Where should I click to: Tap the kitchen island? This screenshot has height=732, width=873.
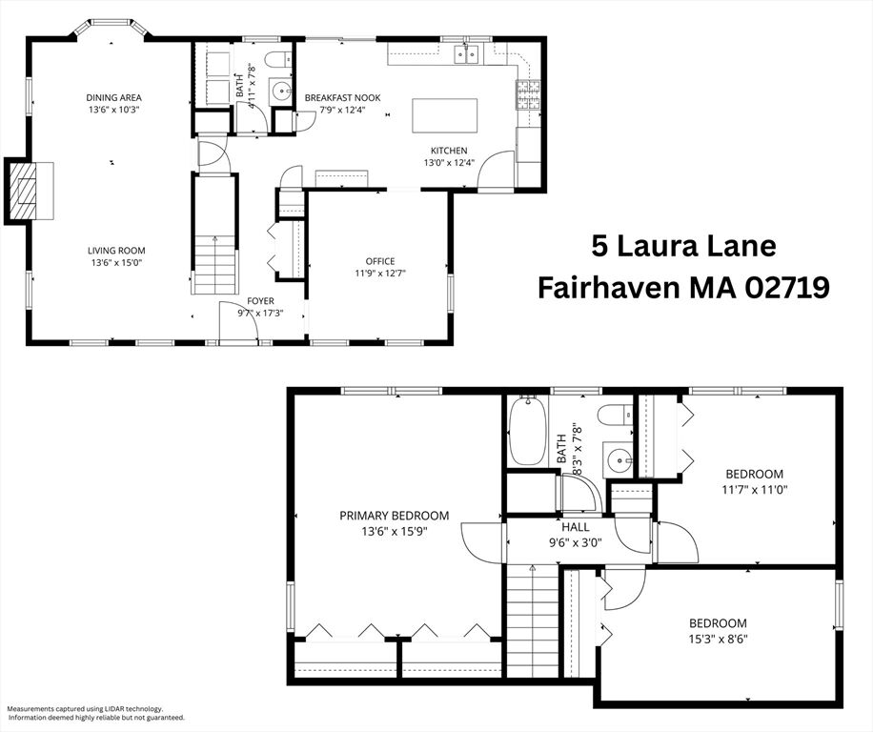445,115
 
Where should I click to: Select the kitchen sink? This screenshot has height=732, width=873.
467,54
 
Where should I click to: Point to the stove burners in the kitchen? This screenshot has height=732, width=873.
528,94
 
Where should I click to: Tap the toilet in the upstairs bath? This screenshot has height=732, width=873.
616,415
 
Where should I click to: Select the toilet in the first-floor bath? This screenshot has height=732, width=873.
277,59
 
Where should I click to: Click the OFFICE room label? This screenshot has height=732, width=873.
380,261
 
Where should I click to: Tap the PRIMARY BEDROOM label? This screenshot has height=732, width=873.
395,516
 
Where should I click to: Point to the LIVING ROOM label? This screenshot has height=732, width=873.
116,251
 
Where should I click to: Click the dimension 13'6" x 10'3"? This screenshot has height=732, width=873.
113,110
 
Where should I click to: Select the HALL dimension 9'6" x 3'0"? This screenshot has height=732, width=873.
575,541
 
